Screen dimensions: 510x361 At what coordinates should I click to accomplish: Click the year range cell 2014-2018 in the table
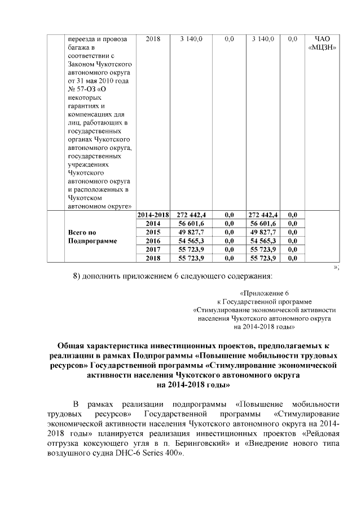tap(153, 215)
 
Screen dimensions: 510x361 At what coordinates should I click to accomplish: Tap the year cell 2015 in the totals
tap(153, 232)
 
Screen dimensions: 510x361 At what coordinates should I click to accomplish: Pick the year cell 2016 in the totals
tap(153, 241)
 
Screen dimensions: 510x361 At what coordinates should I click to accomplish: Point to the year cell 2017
tap(153, 249)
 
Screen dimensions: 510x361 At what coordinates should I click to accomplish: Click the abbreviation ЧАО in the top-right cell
tap(323, 39)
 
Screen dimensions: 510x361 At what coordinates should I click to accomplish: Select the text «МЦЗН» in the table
tap(323, 47)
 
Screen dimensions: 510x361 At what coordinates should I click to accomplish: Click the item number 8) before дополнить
tap(79, 276)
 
